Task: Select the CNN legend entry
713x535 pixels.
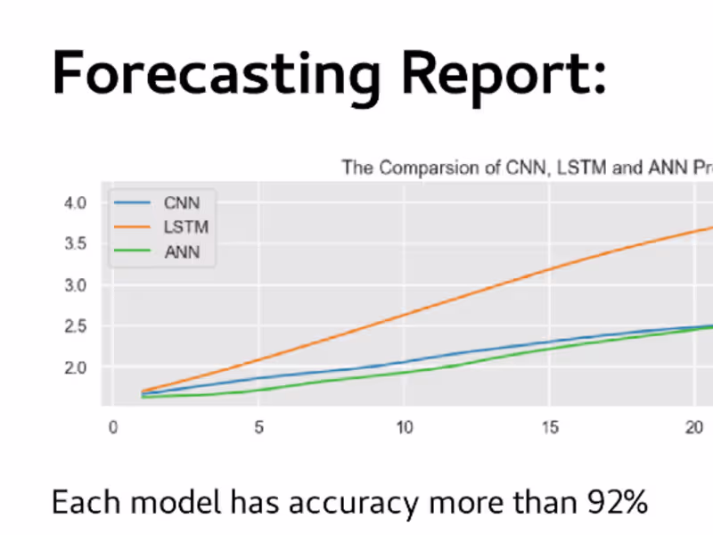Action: point(182,203)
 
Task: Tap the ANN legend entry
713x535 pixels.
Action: point(182,252)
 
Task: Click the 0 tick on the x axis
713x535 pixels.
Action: point(112,427)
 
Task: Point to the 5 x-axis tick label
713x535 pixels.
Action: point(258,427)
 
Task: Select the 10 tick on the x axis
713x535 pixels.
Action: point(405,427)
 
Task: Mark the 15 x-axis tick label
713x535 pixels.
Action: point(551,427)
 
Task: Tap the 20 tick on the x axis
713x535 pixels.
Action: point(696,427)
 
